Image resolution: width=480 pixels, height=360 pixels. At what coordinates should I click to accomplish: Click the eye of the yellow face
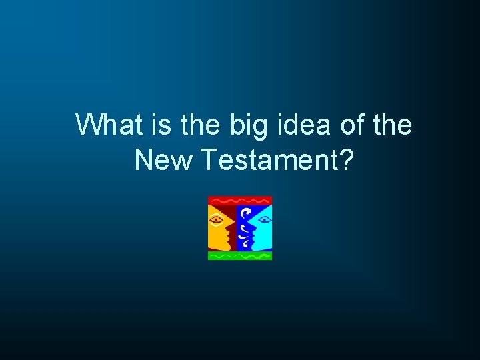(217, 219)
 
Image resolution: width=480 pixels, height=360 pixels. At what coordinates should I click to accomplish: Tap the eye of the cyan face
(263, 219)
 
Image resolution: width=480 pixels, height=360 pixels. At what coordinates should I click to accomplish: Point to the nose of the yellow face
(229, 229)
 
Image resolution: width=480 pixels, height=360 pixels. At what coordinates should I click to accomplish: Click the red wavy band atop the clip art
(240, 200)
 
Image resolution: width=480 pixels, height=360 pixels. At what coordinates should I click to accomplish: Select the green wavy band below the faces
(240, 255)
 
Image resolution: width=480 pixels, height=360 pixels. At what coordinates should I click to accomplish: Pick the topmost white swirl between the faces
(246, 213)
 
